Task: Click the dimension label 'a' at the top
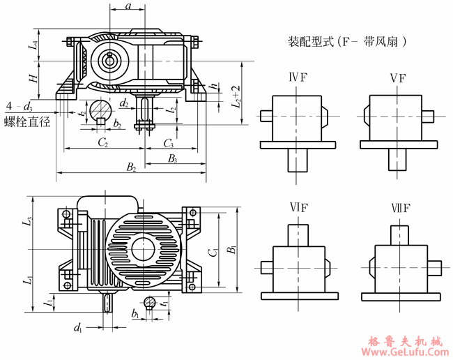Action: coord(128,6)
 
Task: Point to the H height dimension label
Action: coord(33,80)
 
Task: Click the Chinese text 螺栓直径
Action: coord(28,122)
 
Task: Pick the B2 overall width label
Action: coord(130,167)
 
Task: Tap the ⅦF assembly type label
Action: coord(399,209)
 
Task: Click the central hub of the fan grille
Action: coord(144,248)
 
